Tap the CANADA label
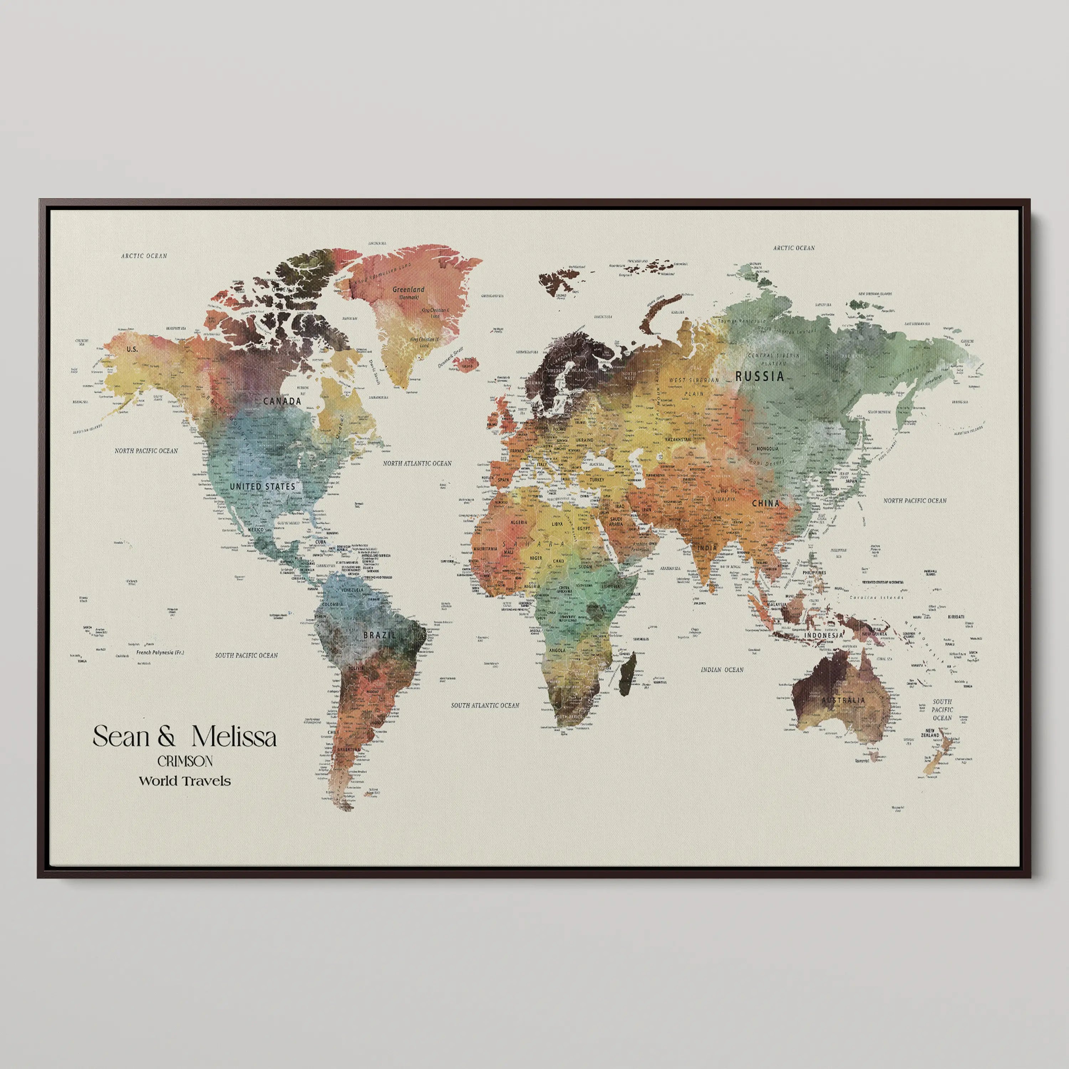(x=282, y=401)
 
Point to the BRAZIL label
(x=379, y=635)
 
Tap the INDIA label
(x=707, y=548)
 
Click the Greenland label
(x=408, y=289)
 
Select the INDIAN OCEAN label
(x=722, y=670)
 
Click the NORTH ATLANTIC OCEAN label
(x=417, y=463)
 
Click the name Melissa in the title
(x=234, y=737)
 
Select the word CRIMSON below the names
(x=185, y=761)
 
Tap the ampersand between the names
(x=166, y=737)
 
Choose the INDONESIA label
(x=823, y=635)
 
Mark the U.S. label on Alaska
(x=132, y=349)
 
